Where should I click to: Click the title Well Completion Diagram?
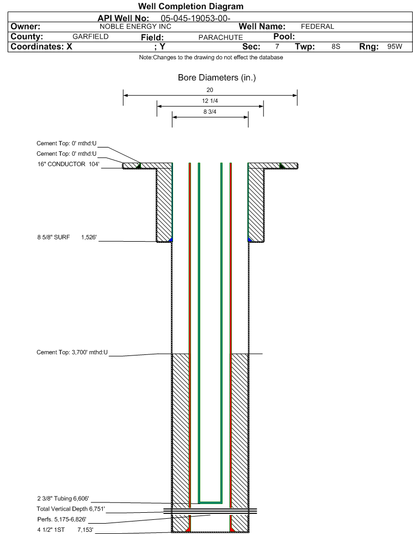tap(190, 6)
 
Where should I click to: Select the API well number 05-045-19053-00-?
tap(195, 19)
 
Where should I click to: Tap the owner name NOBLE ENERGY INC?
tap(135, 27)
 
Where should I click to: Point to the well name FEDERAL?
tap(317, 27)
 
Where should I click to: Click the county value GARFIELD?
tap(90, 36)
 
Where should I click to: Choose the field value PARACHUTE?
tap(220, 38)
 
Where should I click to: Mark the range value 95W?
tap(394, 47)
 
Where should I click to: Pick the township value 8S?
tap(336, 47)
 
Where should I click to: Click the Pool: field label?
tap(284, 36)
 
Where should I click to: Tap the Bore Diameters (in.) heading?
tap(217, 78)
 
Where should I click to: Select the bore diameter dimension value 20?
tap(209, 90)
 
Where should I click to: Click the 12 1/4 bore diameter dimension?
tap(209, 101)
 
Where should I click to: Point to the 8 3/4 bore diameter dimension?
tap(209, 112)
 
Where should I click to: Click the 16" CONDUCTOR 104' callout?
tap(69, 164)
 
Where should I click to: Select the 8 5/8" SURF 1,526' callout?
tap(67, 237)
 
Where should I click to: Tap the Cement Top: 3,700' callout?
tap(72, 352)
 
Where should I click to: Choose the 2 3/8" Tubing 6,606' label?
tap(63, 499)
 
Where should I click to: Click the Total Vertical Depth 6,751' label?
tap(71, 509)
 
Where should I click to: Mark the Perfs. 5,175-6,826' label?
tap(62, 519)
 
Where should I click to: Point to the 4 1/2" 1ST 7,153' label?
tap(65, 530)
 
